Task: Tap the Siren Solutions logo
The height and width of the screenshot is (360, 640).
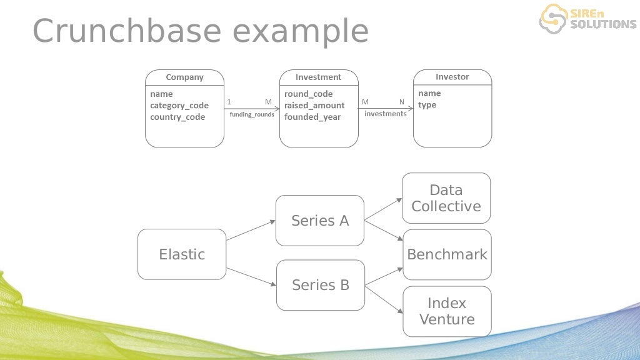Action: click(587, 18)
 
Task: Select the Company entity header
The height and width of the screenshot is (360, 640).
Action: click(184, 77)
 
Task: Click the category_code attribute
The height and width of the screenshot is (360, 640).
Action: click(179, 106)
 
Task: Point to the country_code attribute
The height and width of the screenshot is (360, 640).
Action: click(177, 117)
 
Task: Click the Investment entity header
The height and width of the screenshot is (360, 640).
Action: click(319, 77)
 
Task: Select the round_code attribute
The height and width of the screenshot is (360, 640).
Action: click(309, 94)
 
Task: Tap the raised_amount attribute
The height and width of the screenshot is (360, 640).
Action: click(314, 106)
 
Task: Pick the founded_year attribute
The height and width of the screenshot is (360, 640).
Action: click(312, 117)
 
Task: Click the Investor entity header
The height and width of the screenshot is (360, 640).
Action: click(452, 77)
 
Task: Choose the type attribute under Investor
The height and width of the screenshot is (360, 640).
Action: click(427, 105)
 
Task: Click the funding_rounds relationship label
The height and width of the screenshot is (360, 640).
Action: click(252, 114)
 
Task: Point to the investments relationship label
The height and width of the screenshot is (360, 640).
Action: click(386, 114)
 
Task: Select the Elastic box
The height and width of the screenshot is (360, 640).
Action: click(182, 254)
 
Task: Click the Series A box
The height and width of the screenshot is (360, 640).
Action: click(320, 221)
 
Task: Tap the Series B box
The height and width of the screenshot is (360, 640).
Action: click(321, 285)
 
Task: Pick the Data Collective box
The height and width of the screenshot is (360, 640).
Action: click(446, 198)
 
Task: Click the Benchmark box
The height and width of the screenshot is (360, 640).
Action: click(447, 254)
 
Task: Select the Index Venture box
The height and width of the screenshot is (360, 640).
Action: click(447, 311)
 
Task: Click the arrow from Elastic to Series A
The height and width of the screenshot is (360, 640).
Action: click(251, 230)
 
